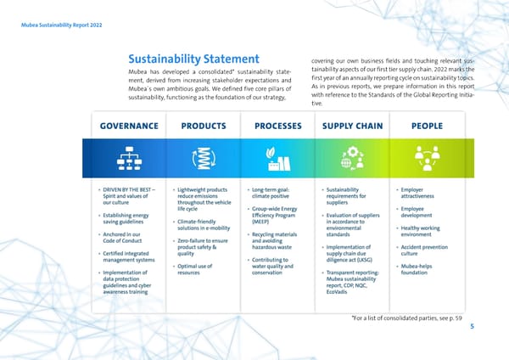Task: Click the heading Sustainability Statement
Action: click(193, 59)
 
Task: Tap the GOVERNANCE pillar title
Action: click(129, 126)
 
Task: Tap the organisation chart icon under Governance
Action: click(129, 160)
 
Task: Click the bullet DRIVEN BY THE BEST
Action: click(131, 196)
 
